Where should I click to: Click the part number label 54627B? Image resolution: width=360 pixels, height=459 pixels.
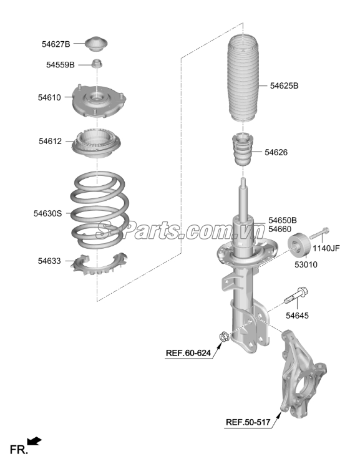[56, 44]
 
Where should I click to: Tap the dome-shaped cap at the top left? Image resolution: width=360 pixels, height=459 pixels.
[96, 44]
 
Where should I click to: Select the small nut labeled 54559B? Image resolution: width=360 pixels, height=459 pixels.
[97, 64]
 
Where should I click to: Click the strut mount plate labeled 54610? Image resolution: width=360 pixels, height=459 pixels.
[99, 101]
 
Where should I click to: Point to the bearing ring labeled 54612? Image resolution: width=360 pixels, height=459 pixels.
[96, 143]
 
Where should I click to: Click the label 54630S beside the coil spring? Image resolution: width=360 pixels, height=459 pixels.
[47, 213]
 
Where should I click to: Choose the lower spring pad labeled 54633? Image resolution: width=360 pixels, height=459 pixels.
[99, 264]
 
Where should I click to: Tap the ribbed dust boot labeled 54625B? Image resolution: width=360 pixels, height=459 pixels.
[243, 79]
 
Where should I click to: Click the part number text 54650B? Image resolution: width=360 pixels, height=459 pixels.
[283, 220]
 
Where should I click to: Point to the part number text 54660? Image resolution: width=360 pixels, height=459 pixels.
[280, 229]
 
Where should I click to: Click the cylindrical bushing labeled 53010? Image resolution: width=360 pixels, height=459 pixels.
[298, 245]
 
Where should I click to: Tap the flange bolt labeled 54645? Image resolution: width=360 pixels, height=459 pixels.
[296, 296]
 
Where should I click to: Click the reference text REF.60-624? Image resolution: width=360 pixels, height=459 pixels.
[188, 353]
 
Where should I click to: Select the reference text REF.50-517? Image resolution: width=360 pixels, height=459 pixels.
[248, 422]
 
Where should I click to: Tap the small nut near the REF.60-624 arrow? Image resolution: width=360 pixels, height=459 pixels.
[224, 337]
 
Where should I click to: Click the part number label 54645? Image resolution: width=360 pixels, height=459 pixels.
[297, 316]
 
